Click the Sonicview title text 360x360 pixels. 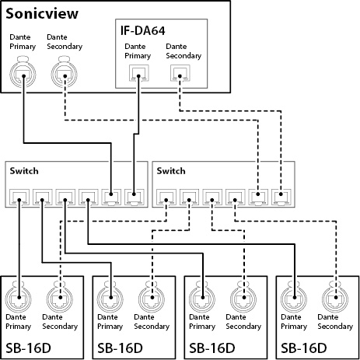tap(42, 14)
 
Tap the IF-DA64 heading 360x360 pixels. tap(142, 30)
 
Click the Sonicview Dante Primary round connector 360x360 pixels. tap(23, 72)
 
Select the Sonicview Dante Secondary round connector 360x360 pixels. tap(64, 72)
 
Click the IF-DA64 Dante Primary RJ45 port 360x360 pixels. tap(139, 73)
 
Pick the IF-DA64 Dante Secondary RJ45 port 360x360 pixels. tap(180, 73)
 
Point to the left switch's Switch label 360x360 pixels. tap(24, 171)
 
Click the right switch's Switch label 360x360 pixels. tap(171, 171)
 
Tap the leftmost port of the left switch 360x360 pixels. tap(19, 197)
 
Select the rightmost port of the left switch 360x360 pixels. tap(135, 197)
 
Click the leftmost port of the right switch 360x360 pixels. tap(166, 197)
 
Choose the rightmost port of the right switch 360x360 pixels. tap(281, 197)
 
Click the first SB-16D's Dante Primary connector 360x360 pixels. tap(19, 297)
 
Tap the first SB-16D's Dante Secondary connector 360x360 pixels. tap(60, 297)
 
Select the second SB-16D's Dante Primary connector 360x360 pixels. tap(110, 297)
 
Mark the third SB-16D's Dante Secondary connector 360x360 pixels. tap(243, 297)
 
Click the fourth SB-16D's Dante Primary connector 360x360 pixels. tap(294, 297)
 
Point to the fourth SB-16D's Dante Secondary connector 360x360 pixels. tap(335, 297)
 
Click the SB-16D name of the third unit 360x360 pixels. tap(212, 348)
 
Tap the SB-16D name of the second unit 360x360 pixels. tap(120, 348)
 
